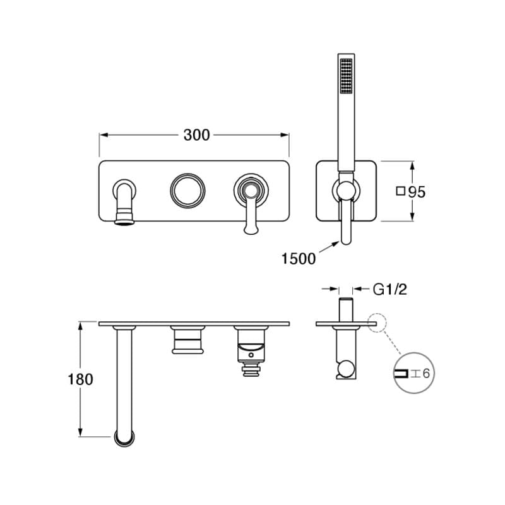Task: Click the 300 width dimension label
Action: point(196,135)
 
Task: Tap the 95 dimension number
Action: point(417,192)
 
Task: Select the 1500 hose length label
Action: point(299,259)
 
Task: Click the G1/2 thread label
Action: point(389,289)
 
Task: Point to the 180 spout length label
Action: point(81,379)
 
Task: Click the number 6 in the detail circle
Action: point(426,373)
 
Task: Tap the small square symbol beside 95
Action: point(400,191)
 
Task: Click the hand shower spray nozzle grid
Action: point(346,76)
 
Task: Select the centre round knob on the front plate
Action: point(187,191)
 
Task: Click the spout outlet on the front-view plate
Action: point(124,222)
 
